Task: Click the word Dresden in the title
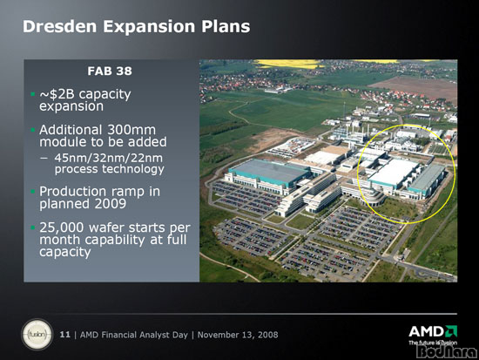[x=60, y=26]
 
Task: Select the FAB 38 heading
[x=110, y=71]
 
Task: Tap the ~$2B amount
[x=57, y=94]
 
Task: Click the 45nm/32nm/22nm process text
[x=109, y=164]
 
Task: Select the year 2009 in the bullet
[x=111, y=204]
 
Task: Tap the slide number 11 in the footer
[x=64, y=335]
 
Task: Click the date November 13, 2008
[x=238, y=335]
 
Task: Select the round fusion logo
[x=37, y=335]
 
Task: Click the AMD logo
[x=433, y=331]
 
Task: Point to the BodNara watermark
[x=446, y=352]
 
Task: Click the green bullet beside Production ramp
[x=33, y=192]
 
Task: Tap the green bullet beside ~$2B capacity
[x=33, y=94]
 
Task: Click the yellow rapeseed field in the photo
[x=287, y=64]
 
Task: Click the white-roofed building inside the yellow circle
[x=394, y=172]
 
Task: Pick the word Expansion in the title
[x=149, y=27]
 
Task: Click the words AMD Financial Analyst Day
[x=134, y=335]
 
